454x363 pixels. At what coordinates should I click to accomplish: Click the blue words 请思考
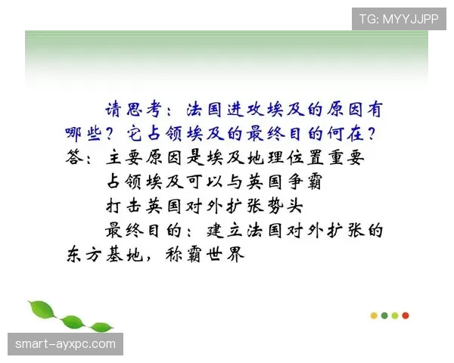click(x=133, y=110)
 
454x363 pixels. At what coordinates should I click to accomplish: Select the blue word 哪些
click(x=83, y=134)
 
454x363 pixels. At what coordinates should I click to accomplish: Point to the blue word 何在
click(x=346, y=134)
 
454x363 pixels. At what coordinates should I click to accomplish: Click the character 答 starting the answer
click(x=73, y=158)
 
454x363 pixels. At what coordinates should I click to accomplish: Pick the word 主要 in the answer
click(x=124, y=158)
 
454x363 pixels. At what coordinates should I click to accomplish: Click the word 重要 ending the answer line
click(x=347, y=158)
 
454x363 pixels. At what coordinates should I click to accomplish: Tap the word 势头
click(x=285, y=206)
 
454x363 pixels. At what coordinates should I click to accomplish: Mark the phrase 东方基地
click(x=104, y=255)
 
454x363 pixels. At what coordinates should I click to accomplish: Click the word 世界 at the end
click(x=225, y=255)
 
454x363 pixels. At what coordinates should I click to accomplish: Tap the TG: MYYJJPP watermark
click(x=399, y=19)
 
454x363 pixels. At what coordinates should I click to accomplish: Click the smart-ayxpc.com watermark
click(x=65, y=344)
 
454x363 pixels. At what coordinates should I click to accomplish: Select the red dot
click(x=406, y=315)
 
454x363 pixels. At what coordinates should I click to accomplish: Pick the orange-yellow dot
click(x=374, y=315)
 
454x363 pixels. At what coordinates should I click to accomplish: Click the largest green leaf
click(x=42, y=309)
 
